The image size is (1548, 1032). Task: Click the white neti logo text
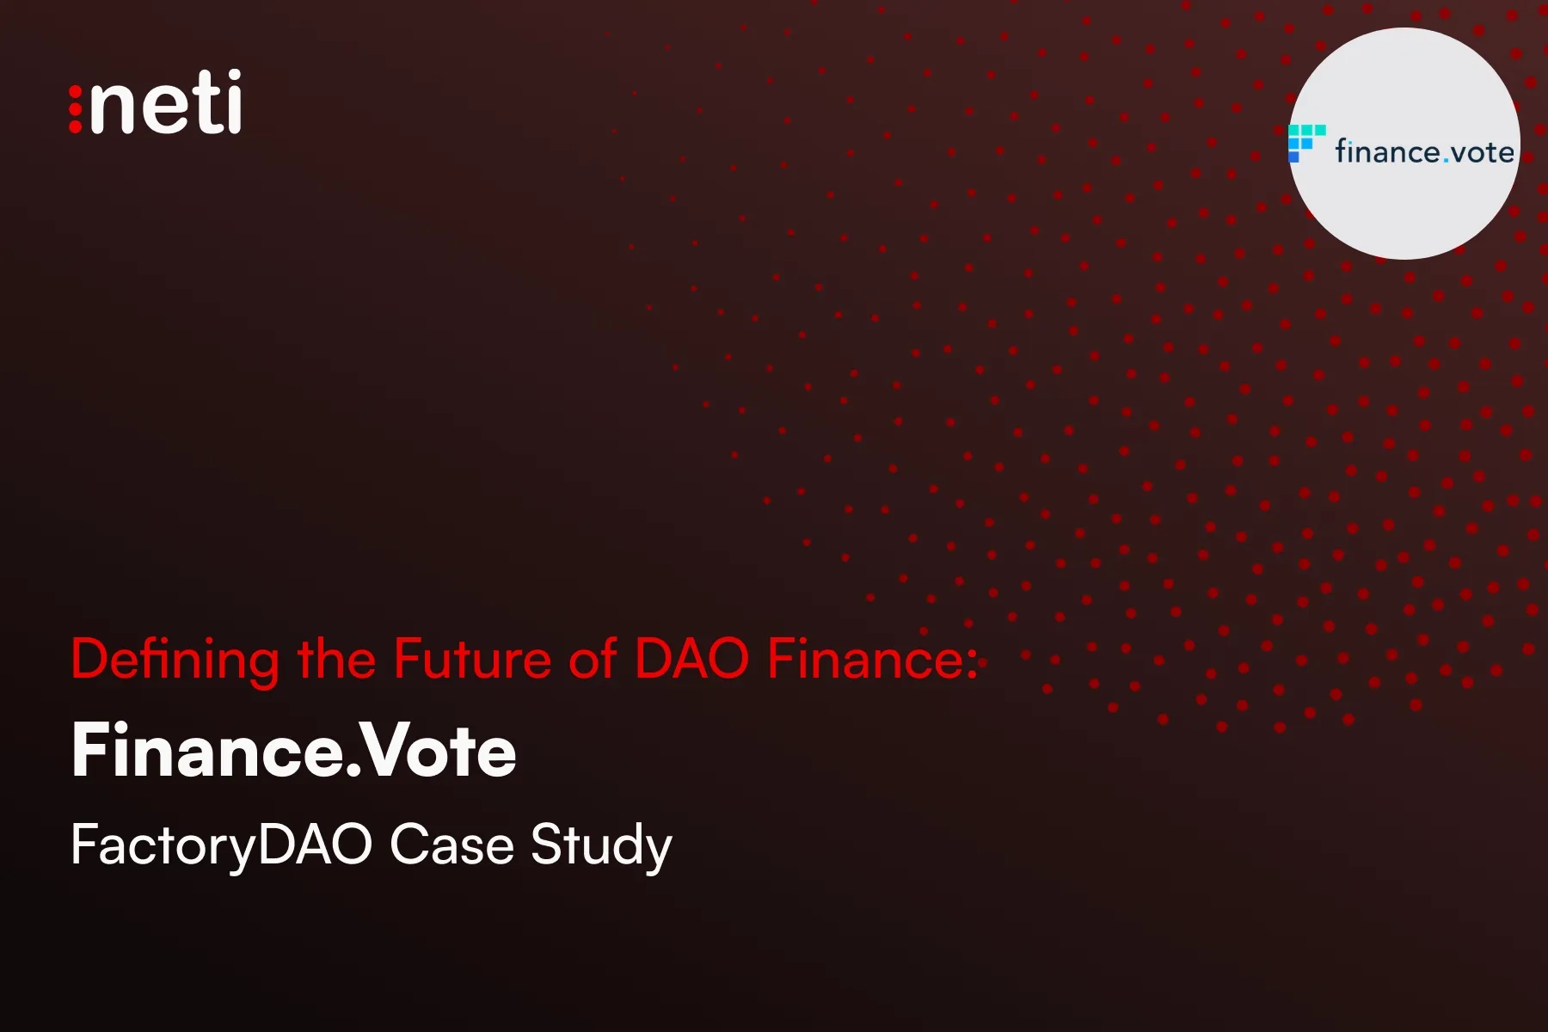pyautogui.click(x=165, y=103)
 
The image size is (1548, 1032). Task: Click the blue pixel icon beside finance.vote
pyautogui.click(x=1305, y=142)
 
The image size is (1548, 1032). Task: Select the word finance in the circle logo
pyautogui.click(x=1388, y=152)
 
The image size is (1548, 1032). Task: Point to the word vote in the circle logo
pyautogui.click(x=1483, y=153)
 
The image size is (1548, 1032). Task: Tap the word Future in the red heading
pyautogui.click(x=472, y=660)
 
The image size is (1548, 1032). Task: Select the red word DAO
pyautogui.click(x=691, y=660)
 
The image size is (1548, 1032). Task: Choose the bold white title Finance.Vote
pyautogui.click(x=294, y=751)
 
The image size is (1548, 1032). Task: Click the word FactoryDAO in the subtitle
pyautogui.click(x=221, y=845)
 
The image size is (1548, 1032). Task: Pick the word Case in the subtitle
pyautogui.click(x=451, y=845)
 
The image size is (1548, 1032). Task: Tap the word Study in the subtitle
pyautogui.click(x=601, y=845)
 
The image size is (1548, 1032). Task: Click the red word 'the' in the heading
pyautogui.click(x=336, y=660)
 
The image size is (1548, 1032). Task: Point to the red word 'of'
pyautogui.click(x=593, y=660)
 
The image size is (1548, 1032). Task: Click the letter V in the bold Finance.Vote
pyautogui.click(x=379, y=751)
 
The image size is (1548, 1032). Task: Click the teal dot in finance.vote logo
pyautogui.click(x=1447, y=160)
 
